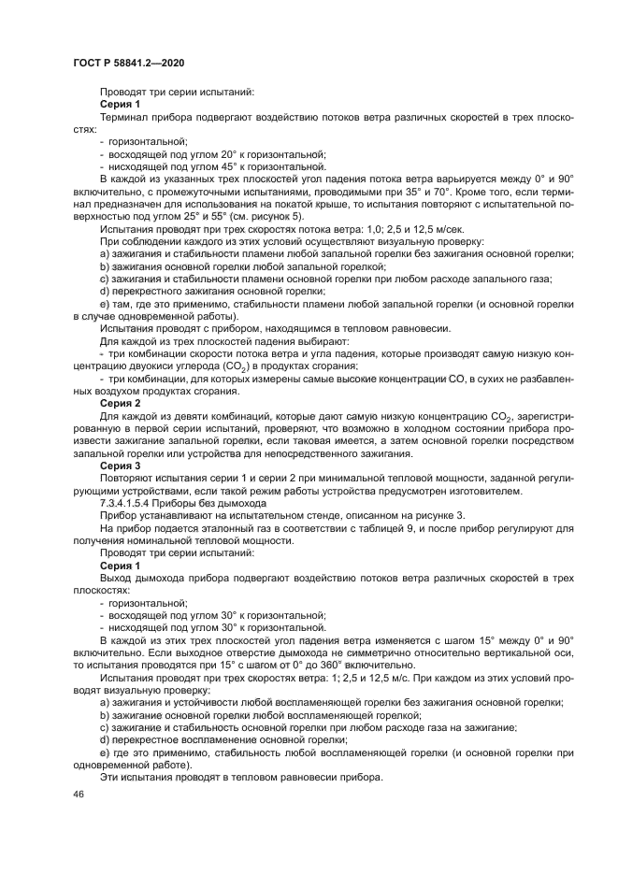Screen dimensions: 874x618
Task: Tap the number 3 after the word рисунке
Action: pos(461,514)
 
